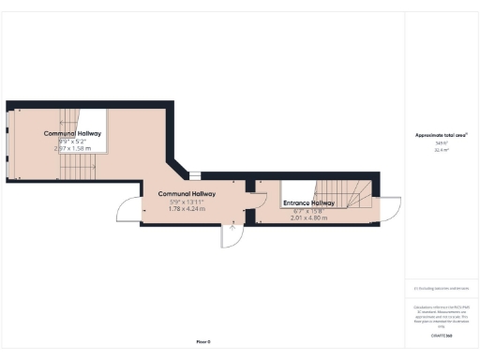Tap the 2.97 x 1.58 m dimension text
tap(76, 148)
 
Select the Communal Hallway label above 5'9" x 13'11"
tap(187, 194)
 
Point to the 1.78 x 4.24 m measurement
tap(187, 208)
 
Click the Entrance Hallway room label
tap(309, 203)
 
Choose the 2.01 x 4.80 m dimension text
tap(309, 217)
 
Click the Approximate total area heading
tap(441, 135)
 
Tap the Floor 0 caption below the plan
tap(203, 341)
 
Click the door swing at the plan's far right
tap(391, 209)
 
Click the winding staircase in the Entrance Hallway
tap(354, 194)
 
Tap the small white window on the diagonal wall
tap(194, 174)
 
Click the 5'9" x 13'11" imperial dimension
tap(187, 202)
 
